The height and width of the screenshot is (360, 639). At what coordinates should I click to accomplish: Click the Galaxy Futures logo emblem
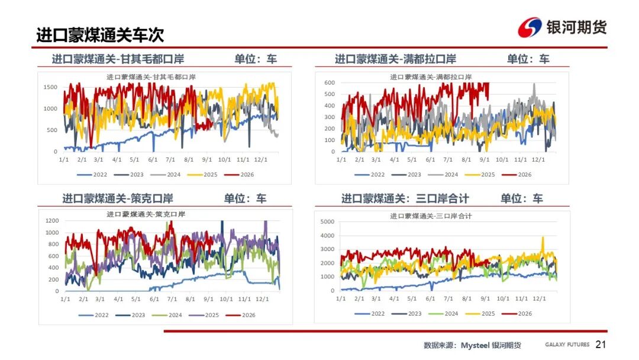pos(530,27)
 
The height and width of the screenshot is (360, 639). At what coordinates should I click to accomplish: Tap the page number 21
pos(601,345)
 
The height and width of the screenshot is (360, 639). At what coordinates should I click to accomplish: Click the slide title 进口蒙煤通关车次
pos(100,35)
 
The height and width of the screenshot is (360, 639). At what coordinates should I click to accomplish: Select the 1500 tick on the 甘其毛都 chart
pos(50,87)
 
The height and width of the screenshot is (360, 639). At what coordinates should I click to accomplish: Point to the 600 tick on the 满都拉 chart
pos(330,82)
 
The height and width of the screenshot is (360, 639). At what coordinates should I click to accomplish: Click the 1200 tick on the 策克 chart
pos(52,221)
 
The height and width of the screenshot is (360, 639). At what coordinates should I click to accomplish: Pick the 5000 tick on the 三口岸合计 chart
pos(327,222)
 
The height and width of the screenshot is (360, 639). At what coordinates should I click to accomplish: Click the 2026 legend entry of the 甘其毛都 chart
pos(239,175)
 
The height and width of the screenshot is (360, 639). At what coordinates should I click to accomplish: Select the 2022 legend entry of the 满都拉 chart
pos(370,175)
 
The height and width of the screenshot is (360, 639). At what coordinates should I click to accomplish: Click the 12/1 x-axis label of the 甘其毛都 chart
pos(261,160)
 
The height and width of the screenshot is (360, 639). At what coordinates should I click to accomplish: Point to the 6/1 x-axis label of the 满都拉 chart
pos(430,160)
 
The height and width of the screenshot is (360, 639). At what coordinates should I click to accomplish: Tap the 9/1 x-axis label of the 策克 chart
pos(208,299)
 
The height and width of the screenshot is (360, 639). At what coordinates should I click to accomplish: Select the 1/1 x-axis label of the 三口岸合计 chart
pos(341,298)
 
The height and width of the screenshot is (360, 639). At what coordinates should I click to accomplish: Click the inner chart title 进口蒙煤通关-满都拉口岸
pos(431,77)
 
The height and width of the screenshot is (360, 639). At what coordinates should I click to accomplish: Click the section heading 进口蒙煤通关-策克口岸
pos(117,198)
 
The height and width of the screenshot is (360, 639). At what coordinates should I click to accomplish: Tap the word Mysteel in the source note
pos(475,345)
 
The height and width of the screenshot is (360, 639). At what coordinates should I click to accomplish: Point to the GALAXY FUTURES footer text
pos(567,345)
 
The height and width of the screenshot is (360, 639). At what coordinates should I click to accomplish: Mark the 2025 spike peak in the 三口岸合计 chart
pos(543,237)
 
